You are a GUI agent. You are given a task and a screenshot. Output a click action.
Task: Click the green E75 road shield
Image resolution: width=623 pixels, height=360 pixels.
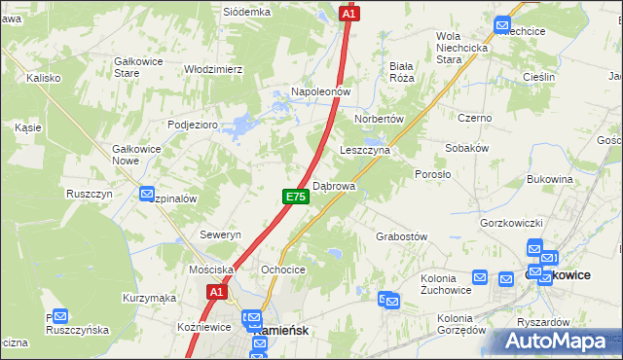click(x=297, y=197)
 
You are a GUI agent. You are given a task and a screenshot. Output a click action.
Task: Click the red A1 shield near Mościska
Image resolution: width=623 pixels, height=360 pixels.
click(x=216, y=291)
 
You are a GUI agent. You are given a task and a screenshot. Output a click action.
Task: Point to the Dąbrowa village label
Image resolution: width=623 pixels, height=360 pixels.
click(x=335, y=185)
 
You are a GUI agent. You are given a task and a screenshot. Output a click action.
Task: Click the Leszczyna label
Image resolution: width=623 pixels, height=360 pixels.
click(x=365, y=151)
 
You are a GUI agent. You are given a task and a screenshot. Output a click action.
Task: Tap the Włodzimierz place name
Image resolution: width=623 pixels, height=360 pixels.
click(x=213, y=70)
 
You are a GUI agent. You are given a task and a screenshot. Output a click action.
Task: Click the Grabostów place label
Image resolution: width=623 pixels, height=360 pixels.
click(x=402, y=236)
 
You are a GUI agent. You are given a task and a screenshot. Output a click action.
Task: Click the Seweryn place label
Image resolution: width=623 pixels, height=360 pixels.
click(x=220, y=235)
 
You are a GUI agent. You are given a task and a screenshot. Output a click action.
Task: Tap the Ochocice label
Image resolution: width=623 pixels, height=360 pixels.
click(x=283, y=270)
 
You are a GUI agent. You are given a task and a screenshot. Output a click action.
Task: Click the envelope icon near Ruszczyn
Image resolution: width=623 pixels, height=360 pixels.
click(x=147, y=194)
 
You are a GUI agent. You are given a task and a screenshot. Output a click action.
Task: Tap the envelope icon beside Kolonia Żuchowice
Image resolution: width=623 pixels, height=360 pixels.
click(x=479, y=277)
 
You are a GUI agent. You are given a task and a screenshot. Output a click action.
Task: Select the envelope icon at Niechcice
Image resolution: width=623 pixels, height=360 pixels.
click(x=502, y=26)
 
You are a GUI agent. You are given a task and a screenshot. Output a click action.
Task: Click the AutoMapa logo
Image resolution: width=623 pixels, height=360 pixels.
click(x=558, y=342)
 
